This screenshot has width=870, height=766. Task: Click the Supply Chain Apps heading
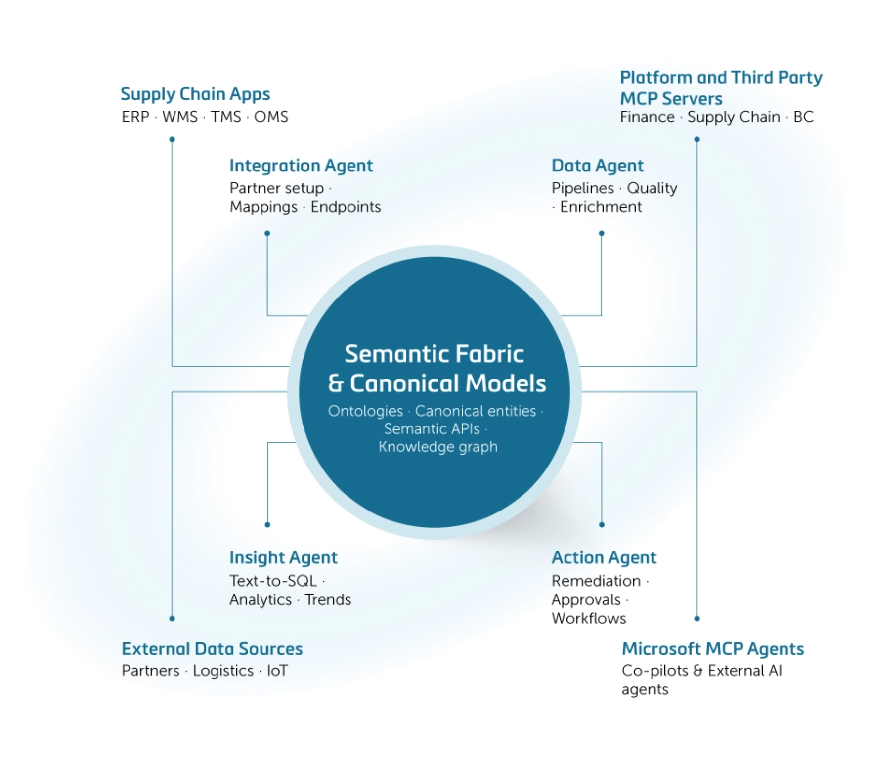(195, 94)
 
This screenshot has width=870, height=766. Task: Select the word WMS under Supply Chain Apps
(180, 117)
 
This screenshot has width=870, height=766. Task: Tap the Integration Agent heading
(301, 166)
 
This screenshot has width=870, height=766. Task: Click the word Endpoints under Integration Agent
(346, 207)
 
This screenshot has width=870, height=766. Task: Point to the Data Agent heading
(597, 166)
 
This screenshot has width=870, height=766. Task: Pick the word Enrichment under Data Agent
(601, 207)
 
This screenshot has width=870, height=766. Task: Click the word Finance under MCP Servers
(647, 117)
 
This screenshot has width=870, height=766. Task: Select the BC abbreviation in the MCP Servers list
(803, 117)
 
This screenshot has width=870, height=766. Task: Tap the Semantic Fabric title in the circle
(434, 354)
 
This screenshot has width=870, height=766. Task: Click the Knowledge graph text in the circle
(437, 447)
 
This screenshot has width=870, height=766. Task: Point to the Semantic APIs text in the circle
(432, 429)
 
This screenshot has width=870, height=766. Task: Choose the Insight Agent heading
(283, 557)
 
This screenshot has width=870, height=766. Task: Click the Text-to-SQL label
(273, 581)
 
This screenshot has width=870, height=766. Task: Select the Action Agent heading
(604, 557)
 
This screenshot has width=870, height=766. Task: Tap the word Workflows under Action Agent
(589, 619)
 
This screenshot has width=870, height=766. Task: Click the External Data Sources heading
(212, 649)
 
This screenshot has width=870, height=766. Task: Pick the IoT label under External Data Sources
(277, 671)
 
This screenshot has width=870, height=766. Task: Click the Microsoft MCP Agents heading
(713, 649)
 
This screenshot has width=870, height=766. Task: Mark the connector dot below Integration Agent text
(267, 233)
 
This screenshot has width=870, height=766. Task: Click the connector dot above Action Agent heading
(602, 525)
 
